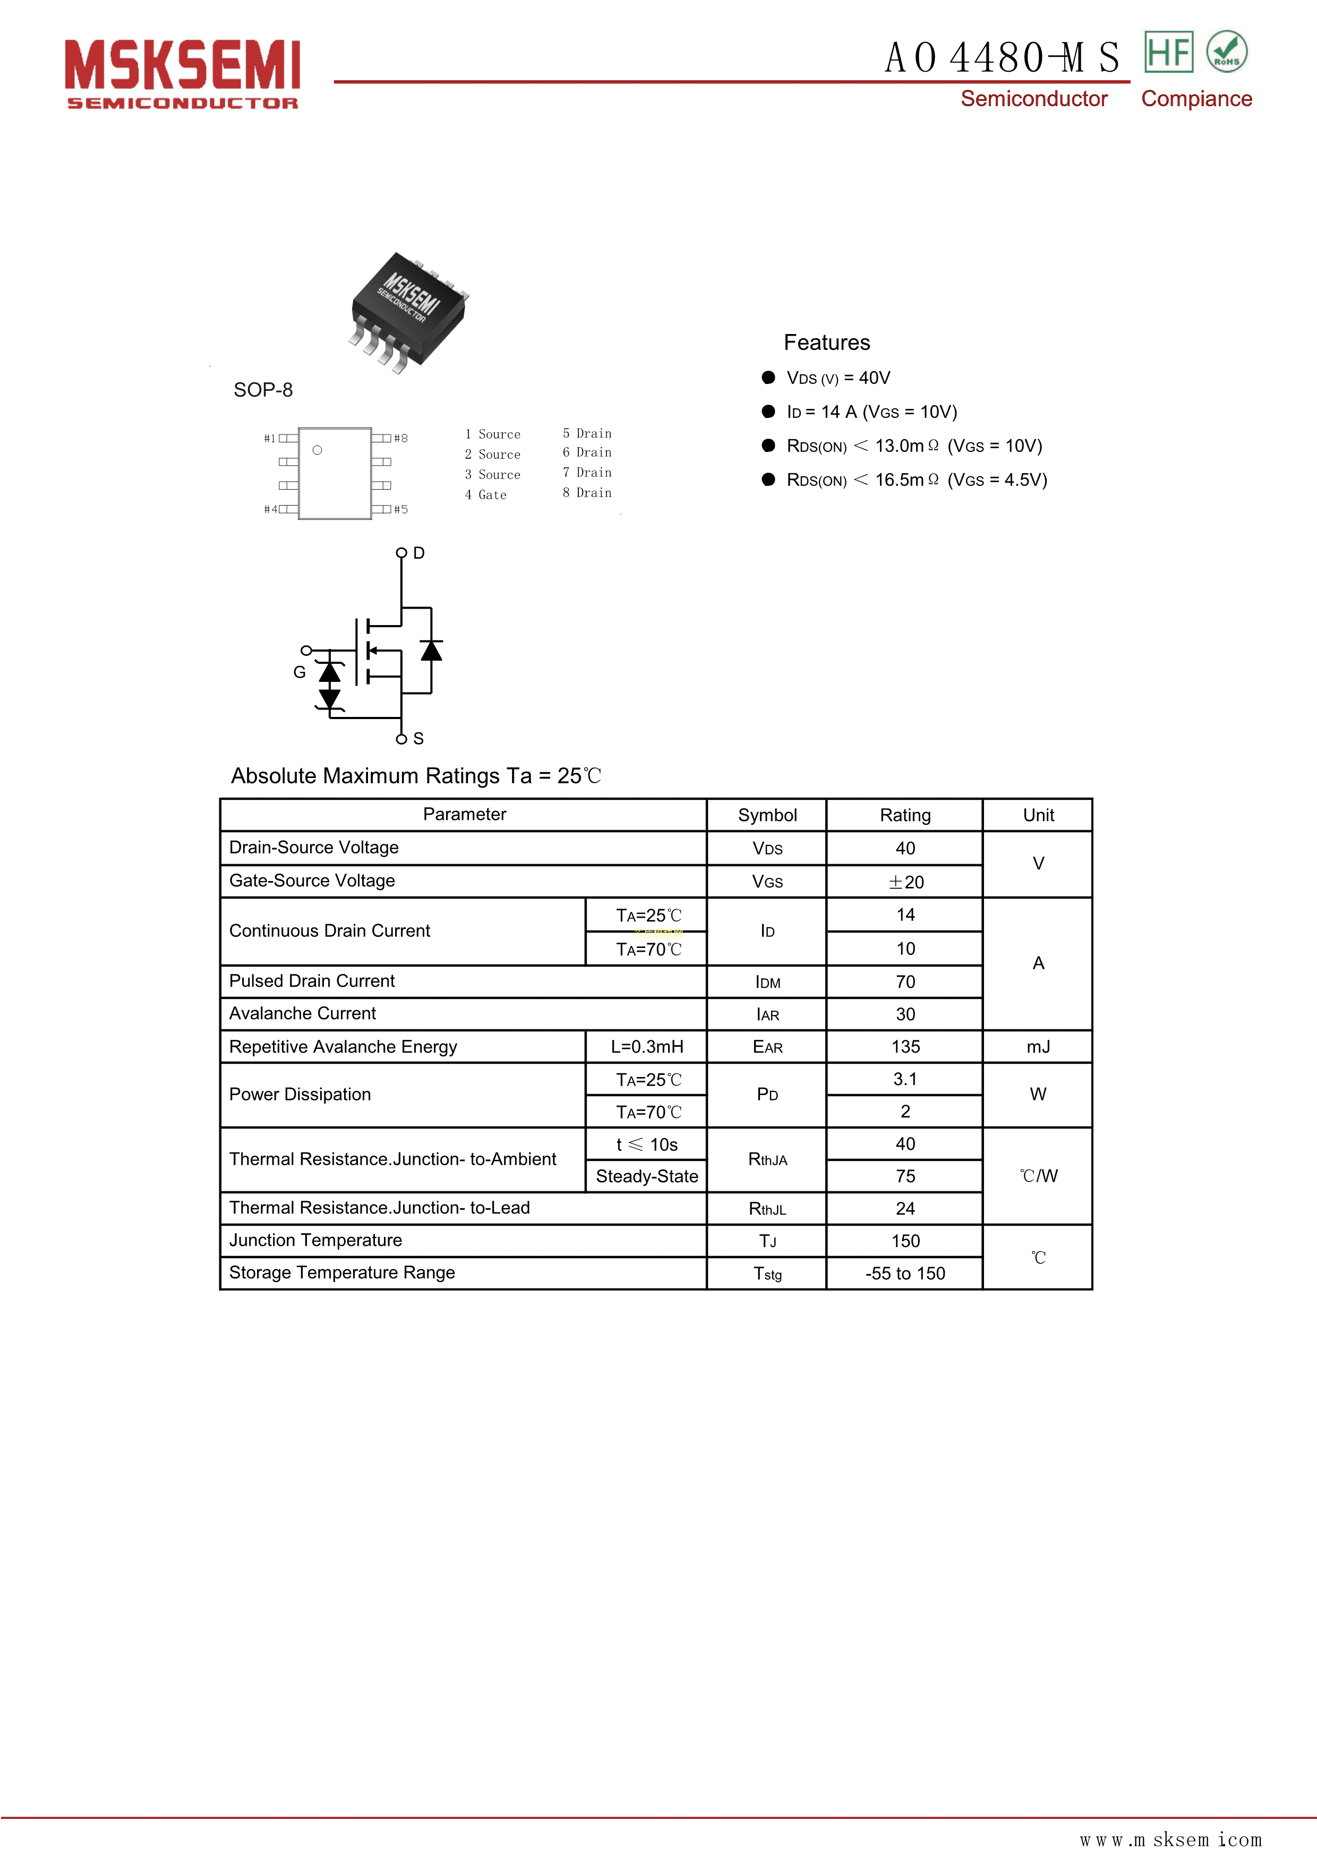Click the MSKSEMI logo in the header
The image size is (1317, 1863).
(x=183, y=73)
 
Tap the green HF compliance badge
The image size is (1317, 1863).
(x=1168, y=52)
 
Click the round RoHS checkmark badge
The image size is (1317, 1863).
(x=1226, y=52)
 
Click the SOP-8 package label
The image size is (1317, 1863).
(x=263, y=390)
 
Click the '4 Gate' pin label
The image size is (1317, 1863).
(x=486, y=495)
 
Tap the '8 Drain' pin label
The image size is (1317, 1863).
(x=587, y=492)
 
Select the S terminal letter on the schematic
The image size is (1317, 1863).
(x=418, y=738)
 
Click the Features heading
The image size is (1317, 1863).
(x=826, y=343)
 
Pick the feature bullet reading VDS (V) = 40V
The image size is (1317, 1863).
(x=838, y=378)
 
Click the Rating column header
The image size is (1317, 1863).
(x=905, y=816)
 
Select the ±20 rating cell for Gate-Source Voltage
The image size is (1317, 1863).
(x=905, y=882)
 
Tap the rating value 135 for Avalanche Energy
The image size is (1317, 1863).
(x=905, y=1047)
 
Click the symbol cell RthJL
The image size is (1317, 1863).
(x=767, y=1209)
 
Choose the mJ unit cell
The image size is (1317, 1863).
(x=1038, y=1047)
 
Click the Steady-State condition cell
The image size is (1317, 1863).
(x=647, y=1176)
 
